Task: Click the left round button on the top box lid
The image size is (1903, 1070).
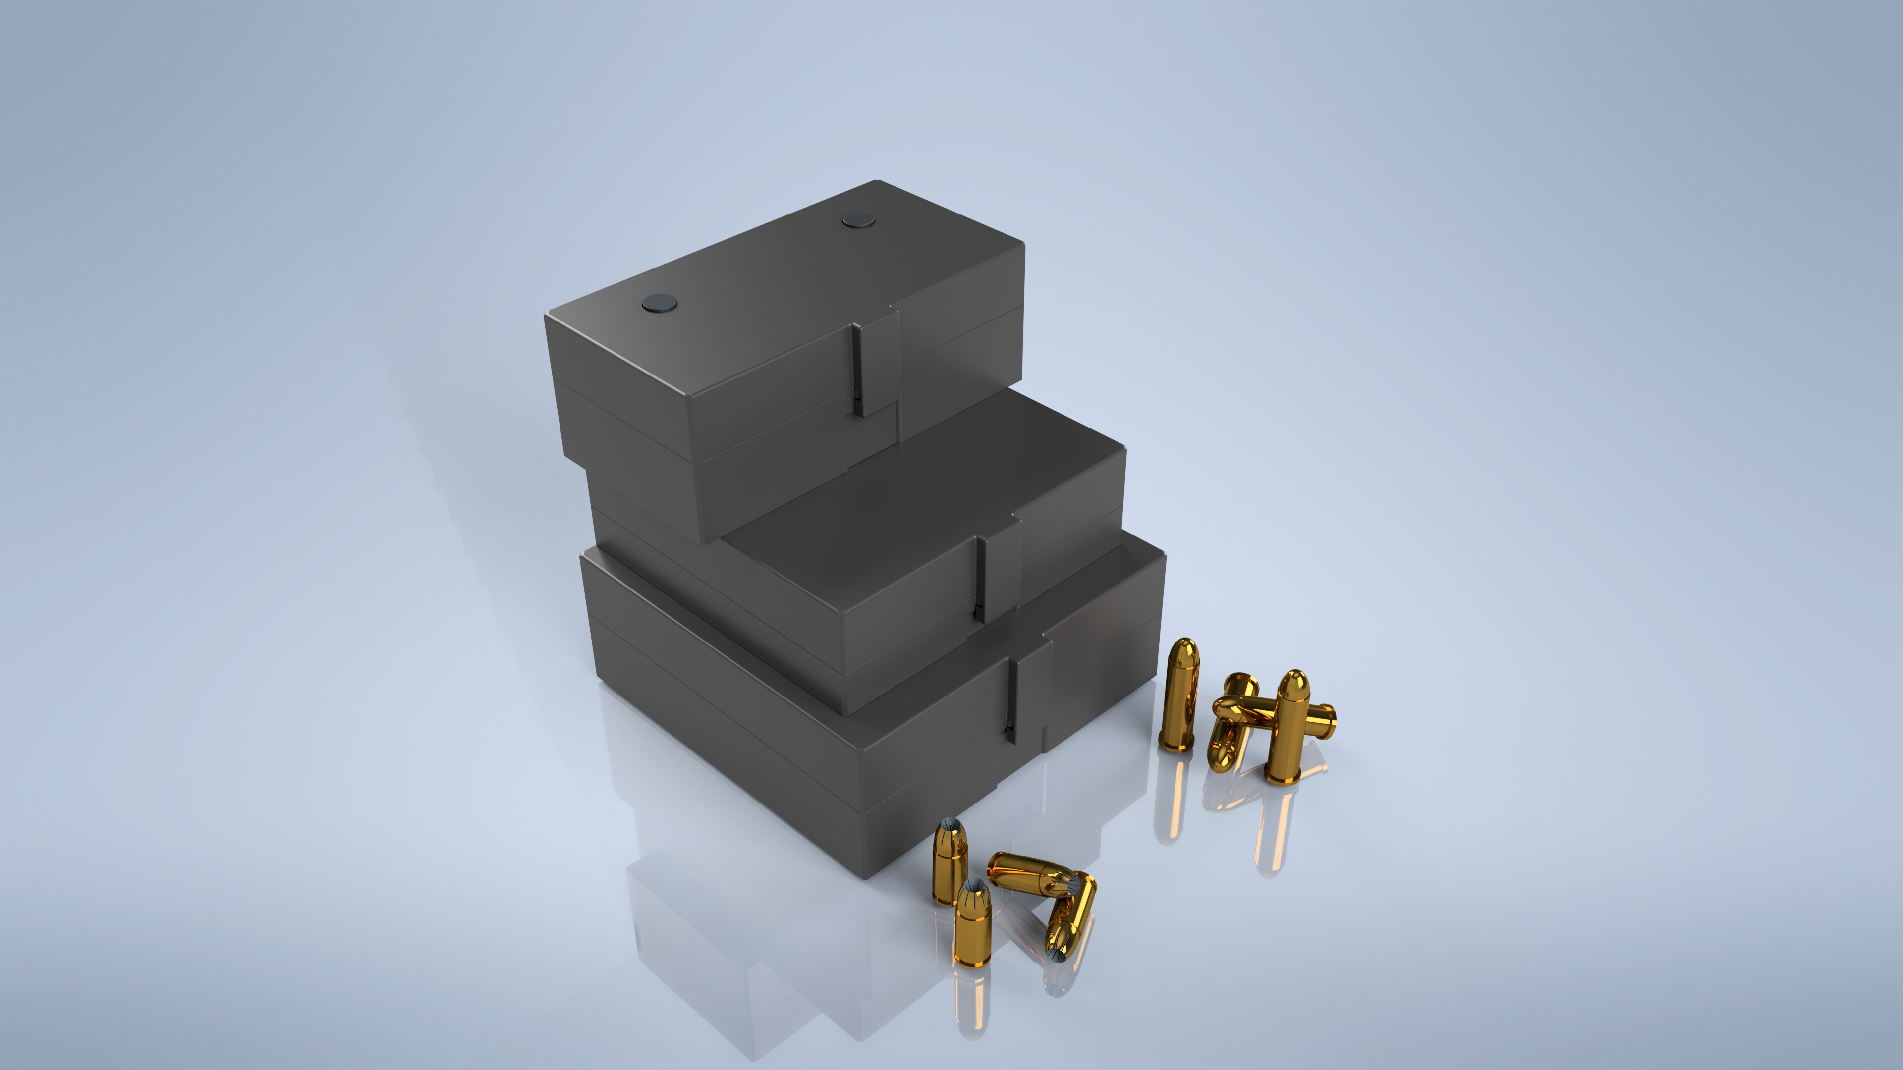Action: [x=660, y=302]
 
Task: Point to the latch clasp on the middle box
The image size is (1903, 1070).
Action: [x=1002, y=569]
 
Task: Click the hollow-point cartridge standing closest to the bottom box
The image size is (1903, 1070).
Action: [x=948, y=860]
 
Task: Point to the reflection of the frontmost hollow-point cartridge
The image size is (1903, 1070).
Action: [x=971, y=1004]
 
